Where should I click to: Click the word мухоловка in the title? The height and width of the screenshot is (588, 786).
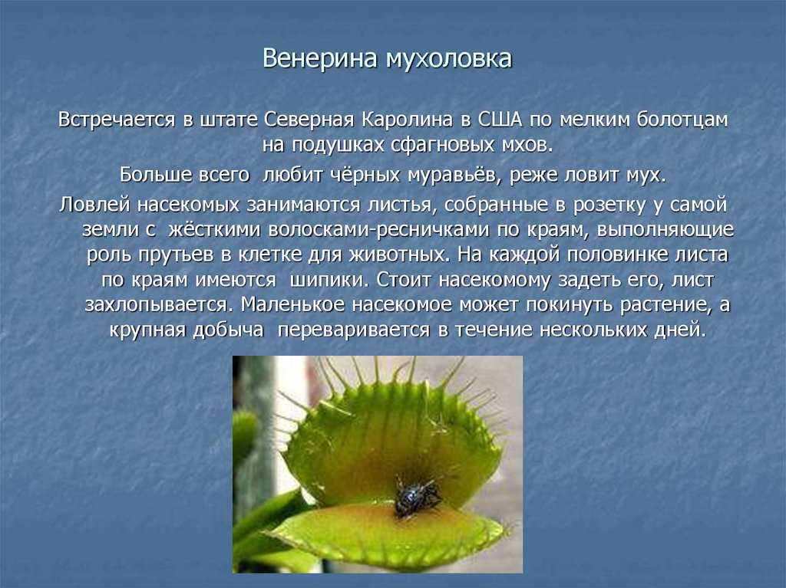pos(449,58)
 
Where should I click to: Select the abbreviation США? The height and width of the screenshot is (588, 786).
pos(500,120)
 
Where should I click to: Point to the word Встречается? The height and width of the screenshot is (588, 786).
pos(117,120)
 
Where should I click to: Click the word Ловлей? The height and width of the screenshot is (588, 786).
pos(94,205)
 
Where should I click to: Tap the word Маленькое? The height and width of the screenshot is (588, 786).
pos(292,304)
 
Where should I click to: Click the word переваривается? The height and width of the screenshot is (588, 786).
pos(353,330)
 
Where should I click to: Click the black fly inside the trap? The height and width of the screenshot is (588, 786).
pos(415,497)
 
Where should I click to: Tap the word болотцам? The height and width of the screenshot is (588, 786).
pos(682,120)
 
